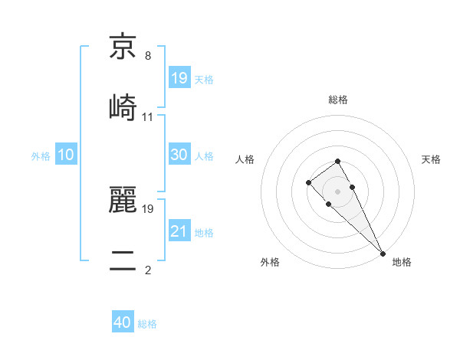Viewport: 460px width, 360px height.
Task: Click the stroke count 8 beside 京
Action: click(x=147, y=56)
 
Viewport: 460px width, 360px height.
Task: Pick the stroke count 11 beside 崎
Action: click(x=148, y=117)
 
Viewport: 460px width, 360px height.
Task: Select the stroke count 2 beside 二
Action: click(x=147, y=270)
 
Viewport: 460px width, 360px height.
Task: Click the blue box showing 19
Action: click(x=179, y=77)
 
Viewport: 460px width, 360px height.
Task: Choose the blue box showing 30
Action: click(x=179, y=155)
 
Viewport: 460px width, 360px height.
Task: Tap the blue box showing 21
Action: click(x=179, y=231)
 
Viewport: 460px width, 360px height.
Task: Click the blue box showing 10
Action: click(x=66, y=155)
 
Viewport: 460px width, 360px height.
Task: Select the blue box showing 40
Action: click(x=123, y=323)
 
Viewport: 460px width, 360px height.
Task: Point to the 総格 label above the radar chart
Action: click(x=338, y=100)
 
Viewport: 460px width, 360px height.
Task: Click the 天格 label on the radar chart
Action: click(x=432, y=159)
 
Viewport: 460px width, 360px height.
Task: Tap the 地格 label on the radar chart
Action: click(x=402, y=262)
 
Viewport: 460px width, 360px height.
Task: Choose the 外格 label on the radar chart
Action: click(x=270, y=262)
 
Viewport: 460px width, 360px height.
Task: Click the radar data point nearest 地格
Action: click(x=382, y=253)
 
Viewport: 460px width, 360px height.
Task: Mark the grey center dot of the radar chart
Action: click(x=337, y=191)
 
